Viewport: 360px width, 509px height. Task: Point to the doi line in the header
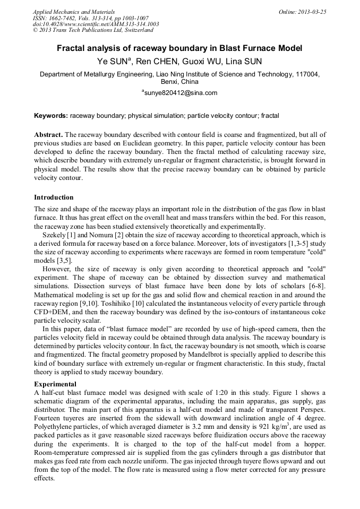96,24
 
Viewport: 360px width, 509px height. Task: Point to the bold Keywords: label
51,115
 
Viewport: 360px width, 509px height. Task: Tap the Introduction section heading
54,197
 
